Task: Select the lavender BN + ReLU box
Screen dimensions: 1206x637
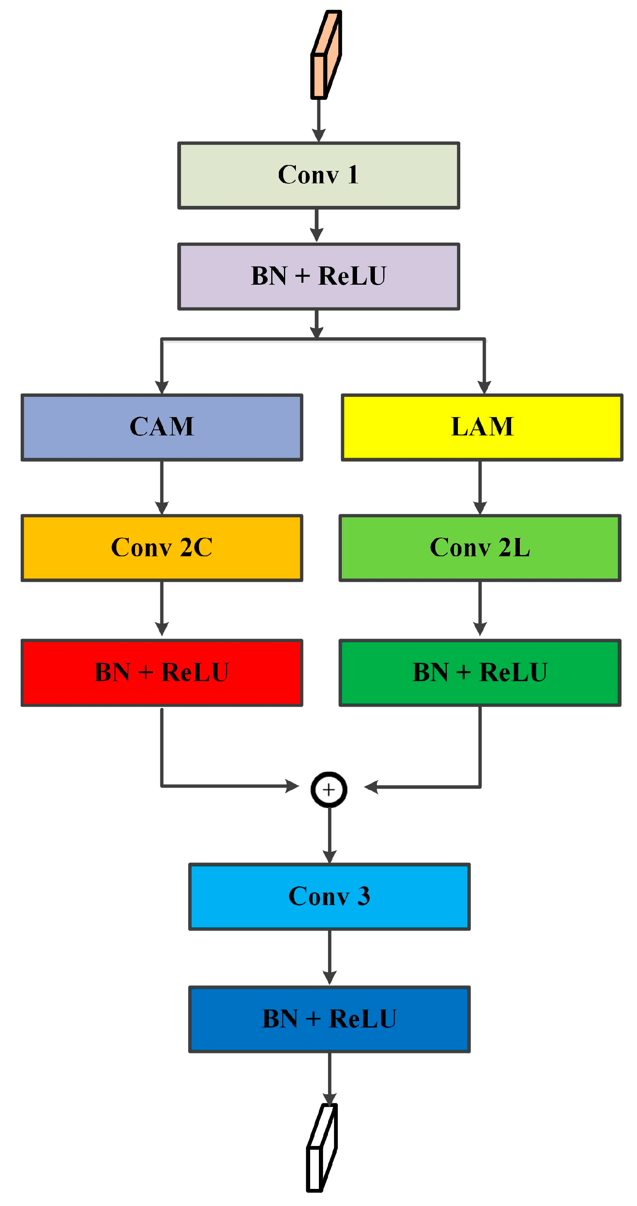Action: (x=318, y=276)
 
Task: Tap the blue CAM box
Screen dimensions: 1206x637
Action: (x=162, y=427)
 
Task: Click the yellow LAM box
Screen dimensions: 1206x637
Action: (x=482, y=427)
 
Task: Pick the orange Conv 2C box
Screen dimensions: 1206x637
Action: (x=162, y=548)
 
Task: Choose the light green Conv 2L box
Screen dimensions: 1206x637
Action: (x=480, y=548)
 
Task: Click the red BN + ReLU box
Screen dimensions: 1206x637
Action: (x=162, y=672)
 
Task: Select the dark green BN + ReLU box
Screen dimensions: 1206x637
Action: (x=480, y=672)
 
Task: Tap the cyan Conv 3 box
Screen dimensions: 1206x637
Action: (x=329, y=897)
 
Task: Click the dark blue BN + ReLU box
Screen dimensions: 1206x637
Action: (x=329, y=1019)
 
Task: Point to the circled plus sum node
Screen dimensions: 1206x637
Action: (x=329, y=789)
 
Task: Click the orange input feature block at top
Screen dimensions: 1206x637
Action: (x=326, y=55)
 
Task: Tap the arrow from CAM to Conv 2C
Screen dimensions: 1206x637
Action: (x=162, y=487)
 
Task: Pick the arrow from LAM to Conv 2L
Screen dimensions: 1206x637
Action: (x=480, y=487)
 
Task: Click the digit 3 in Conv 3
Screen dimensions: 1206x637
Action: (x=363, y=896)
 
